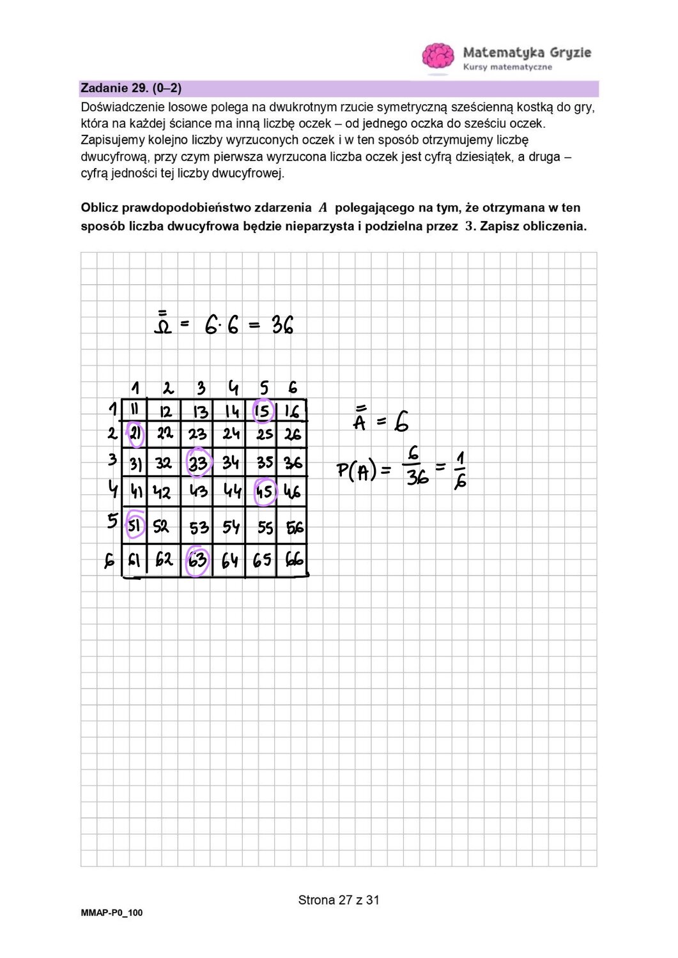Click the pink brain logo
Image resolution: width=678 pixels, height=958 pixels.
(438, 56)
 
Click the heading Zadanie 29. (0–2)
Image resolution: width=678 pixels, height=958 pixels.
(131, 88)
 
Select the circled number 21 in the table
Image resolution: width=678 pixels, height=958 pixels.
(135, 434)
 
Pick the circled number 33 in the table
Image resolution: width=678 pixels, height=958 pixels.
(198, 462)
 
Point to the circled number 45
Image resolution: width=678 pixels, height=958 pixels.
(265, 491)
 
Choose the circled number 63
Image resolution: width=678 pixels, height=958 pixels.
(197, 560)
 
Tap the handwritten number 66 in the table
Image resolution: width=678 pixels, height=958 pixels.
(294, 561)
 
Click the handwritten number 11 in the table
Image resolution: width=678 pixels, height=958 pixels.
(135, 409)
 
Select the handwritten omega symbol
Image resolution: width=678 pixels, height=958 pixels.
(163, 324)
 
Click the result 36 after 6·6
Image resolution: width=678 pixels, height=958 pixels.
(282, 326)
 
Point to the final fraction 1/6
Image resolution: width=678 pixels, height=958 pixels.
(460, 470)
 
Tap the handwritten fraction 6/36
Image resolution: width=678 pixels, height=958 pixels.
(416, 467)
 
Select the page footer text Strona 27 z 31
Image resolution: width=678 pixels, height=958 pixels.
(339, 900)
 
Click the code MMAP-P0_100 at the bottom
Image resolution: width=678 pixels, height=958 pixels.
(112, 913)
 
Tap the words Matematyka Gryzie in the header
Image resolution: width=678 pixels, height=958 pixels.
(527, 52)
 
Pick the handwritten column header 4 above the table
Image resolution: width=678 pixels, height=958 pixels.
(233, 387)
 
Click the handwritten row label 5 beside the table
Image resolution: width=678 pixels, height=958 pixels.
(112, 521)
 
